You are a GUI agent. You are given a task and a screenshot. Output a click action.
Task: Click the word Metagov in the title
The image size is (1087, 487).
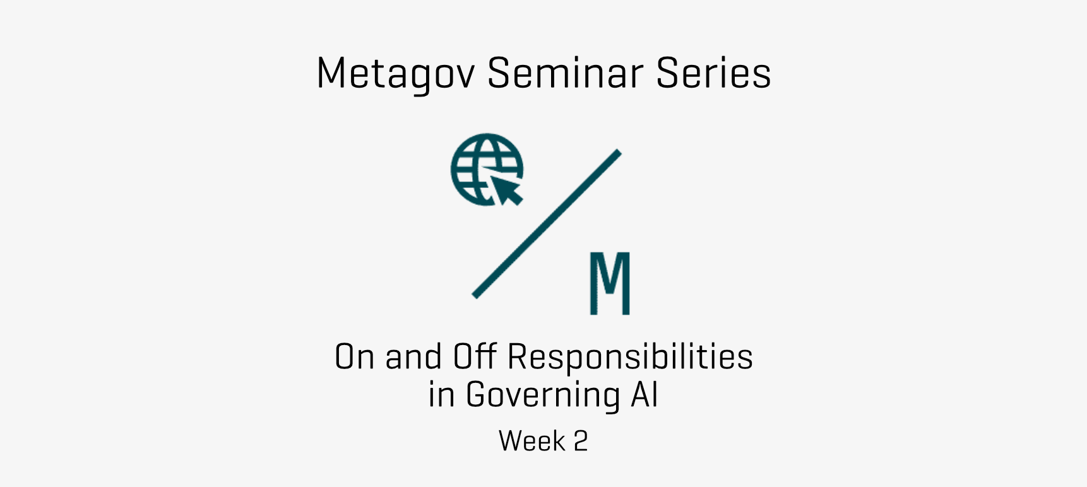pos(395,74)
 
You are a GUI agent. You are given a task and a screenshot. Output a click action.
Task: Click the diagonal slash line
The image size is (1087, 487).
pos(547,224)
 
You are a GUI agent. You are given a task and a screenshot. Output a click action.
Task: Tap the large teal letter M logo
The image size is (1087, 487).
pos(610,283)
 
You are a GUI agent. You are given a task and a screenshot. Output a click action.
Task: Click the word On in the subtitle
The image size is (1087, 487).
pos(355,356)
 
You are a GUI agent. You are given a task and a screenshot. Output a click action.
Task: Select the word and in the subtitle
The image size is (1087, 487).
pos(413,356)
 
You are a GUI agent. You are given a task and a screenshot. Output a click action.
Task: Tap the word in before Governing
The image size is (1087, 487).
pos(441,395)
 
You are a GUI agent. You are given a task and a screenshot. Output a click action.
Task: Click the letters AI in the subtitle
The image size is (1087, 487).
pos(644,395)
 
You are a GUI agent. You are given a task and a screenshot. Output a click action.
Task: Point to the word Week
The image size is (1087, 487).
pos(532,441)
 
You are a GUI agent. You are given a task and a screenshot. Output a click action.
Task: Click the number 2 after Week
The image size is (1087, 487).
pos(581,441)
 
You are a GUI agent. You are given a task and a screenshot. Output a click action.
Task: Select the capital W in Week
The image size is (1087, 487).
pos(512,441)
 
